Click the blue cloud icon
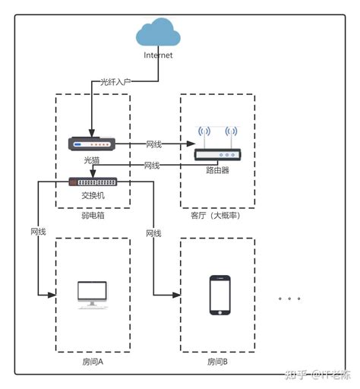click(158, 33)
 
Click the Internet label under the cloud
click(158, 55)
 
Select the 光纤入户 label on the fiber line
click(116, 81)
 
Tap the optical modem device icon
click(91, 143)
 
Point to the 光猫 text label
click(91, 160)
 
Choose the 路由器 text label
click(217, 170)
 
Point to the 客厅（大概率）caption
click(217, 216)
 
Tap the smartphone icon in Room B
click(219, 295)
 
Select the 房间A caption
click(92, 362)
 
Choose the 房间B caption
click(217, 362)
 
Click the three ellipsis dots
click(290, 299)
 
